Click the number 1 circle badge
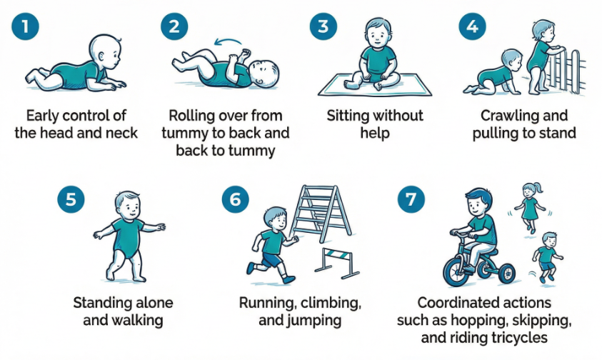point(26,28)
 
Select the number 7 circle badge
point(410,199)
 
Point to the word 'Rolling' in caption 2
point(193,115)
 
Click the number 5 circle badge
point(70,199)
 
